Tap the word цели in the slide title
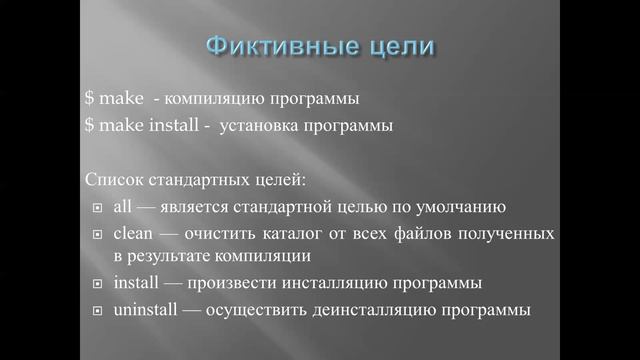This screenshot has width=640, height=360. [398, 46]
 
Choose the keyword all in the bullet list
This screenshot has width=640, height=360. [123, 207]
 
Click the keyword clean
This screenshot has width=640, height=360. [135, 233]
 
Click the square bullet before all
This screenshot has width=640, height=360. [96, 208]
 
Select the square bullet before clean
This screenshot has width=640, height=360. [96, 234]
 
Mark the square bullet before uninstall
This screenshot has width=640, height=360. [96, 311]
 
